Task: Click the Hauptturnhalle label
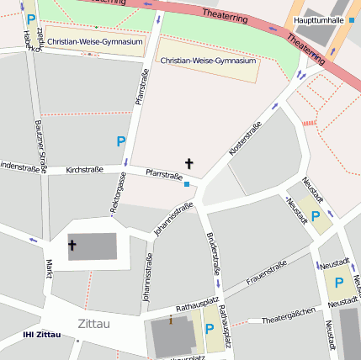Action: click(319, 19)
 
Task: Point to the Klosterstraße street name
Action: click(246, 137)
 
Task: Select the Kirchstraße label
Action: click(84, 170)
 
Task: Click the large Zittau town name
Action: click(93, 323)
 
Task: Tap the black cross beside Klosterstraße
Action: click(189, 163)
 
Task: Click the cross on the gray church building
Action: click(72, 246)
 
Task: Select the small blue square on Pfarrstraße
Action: click(187, 184)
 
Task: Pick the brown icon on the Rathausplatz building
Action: click(171, 320)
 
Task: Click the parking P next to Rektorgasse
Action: click(120, 142)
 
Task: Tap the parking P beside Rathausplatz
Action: click(210, 329)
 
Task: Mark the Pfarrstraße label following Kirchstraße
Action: click(164, 175)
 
